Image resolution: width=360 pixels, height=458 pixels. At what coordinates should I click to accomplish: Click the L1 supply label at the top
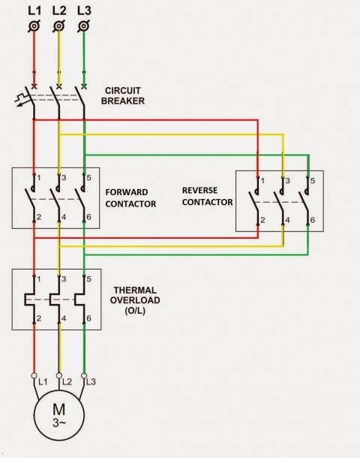tap(34, 11)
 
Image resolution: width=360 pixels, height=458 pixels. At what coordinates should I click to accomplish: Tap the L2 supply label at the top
tap(58, 11)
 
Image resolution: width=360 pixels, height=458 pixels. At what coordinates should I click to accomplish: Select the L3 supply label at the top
tap(84, 11)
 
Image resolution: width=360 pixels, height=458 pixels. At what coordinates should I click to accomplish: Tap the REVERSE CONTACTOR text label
tap(207, 196)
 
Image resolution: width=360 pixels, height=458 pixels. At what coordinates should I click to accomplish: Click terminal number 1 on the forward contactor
tap(39, 178)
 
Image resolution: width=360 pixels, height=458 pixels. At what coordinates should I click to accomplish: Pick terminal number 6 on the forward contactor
tap(90, 218)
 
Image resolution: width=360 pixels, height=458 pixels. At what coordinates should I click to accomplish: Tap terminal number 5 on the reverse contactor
tap(313, 181)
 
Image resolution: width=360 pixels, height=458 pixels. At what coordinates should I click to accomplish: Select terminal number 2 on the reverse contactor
tap(262, 221)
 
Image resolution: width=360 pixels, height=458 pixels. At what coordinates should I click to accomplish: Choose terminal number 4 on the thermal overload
tap(64, 319)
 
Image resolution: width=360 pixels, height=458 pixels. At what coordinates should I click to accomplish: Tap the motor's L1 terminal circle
tap(34, 375)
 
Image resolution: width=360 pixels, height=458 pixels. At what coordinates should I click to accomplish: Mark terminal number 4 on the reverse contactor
tap(288, 221)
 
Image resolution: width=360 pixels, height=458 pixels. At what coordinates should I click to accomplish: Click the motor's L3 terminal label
tap(91, 383)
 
